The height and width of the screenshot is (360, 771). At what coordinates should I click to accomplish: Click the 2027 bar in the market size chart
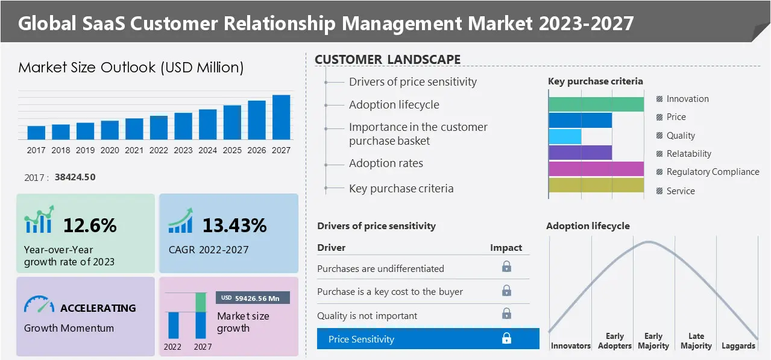[281, 117]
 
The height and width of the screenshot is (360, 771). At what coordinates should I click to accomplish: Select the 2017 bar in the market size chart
[36, 133]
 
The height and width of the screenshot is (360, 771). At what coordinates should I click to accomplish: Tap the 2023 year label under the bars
[183, 150]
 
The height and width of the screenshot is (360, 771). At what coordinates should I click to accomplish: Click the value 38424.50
[75, 177]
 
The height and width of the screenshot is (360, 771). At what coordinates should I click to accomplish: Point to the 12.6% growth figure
[90, 226]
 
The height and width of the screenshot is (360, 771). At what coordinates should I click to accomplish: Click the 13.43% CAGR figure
[234, 226]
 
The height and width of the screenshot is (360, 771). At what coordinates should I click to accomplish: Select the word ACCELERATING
[98, 308]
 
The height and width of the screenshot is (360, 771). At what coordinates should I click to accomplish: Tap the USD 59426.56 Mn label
[253, 298]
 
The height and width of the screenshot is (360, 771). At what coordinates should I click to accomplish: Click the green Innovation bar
[596, 104]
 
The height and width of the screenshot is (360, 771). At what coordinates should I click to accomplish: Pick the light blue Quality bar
[565, 136]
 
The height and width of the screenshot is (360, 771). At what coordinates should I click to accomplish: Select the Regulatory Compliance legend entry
[712, 172]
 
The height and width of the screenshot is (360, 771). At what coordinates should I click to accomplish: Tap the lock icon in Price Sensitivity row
[506, 339]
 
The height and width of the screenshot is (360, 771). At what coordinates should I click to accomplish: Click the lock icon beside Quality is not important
[506, 314]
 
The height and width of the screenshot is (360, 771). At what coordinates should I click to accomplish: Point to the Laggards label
[738, 346]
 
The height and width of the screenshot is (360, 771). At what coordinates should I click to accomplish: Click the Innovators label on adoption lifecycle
[570, 346]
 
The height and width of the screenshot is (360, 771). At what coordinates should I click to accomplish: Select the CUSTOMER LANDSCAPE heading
[388, 60]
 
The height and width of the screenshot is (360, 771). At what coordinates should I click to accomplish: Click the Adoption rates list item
[386, 163]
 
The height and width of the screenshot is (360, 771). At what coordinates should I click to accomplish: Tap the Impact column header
[506, 248]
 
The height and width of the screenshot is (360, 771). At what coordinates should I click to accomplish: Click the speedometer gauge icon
[39, 305]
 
